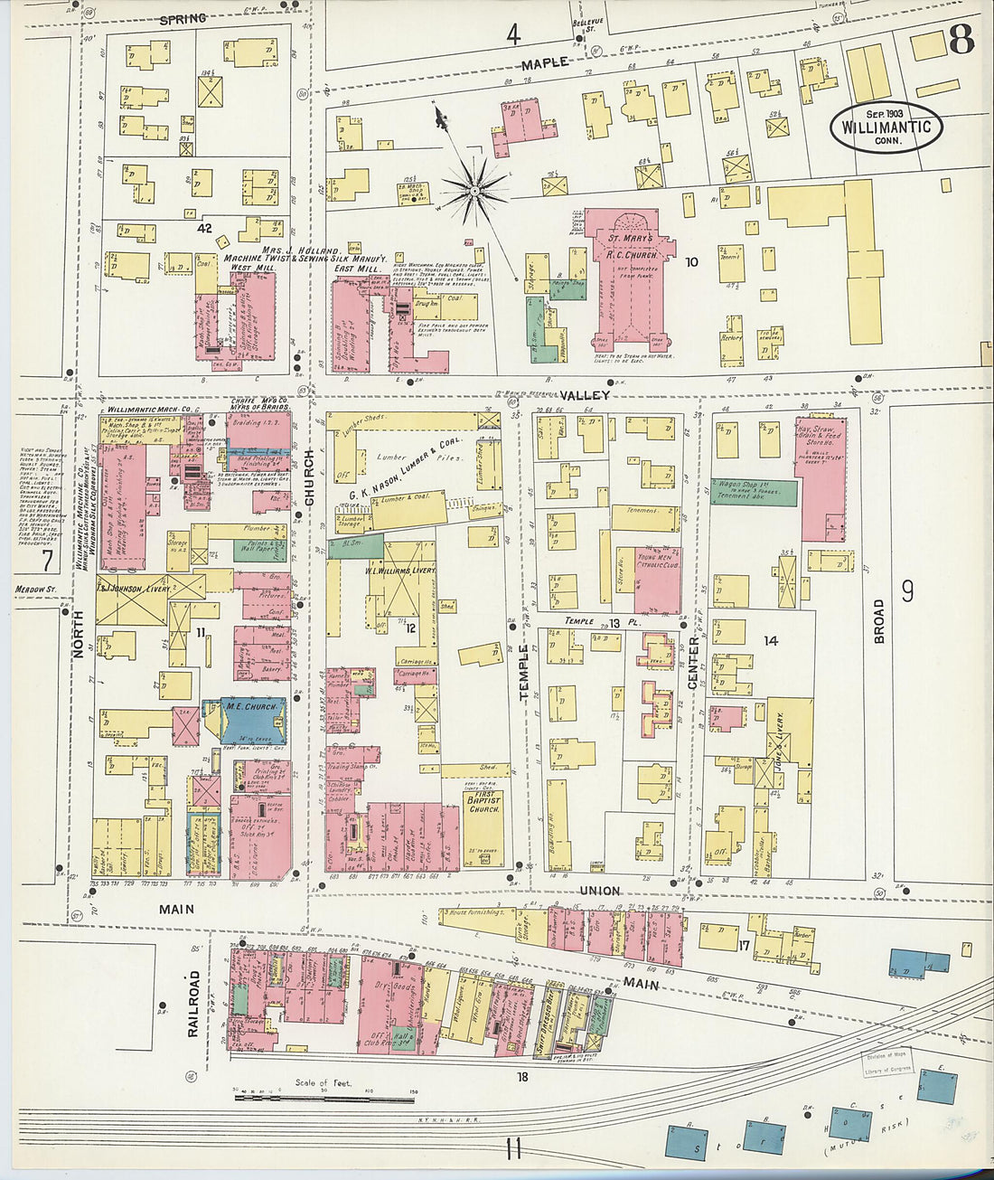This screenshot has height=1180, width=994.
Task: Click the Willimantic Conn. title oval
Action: pyautogui.click(x=886, y=127)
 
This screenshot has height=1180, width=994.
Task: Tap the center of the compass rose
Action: pyautogui.click(x=474, y=189)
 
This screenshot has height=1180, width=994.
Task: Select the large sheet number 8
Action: pyautogui.click(x=961, y=40)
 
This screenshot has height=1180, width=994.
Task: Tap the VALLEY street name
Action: pyautogui.click(x=584, y=395)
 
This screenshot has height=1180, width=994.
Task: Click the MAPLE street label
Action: pyautogui.click(x=545, y=63)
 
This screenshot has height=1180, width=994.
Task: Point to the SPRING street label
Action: pyautogui.click(x=183, y=18)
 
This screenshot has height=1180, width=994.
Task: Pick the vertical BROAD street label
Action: pyautogui.click(x=878, y=620)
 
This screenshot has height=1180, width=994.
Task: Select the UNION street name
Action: pyautogui.click(x=599, y=891)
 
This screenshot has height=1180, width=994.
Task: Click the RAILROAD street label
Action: pyautogui.click(x=193, y=1004)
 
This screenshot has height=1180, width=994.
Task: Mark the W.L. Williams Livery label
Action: pyautogui.click(x=400, y=571)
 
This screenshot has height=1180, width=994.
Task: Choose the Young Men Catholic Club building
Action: pyautogui.click(x=657, y=580)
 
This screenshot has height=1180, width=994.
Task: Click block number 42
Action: pyautogui.click(x=205, y=229)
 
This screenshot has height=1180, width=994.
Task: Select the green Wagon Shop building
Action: pyautogui.click(x=754, y=491)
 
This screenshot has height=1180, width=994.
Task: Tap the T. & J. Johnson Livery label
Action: pyautogui.click(x=134, y=589)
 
